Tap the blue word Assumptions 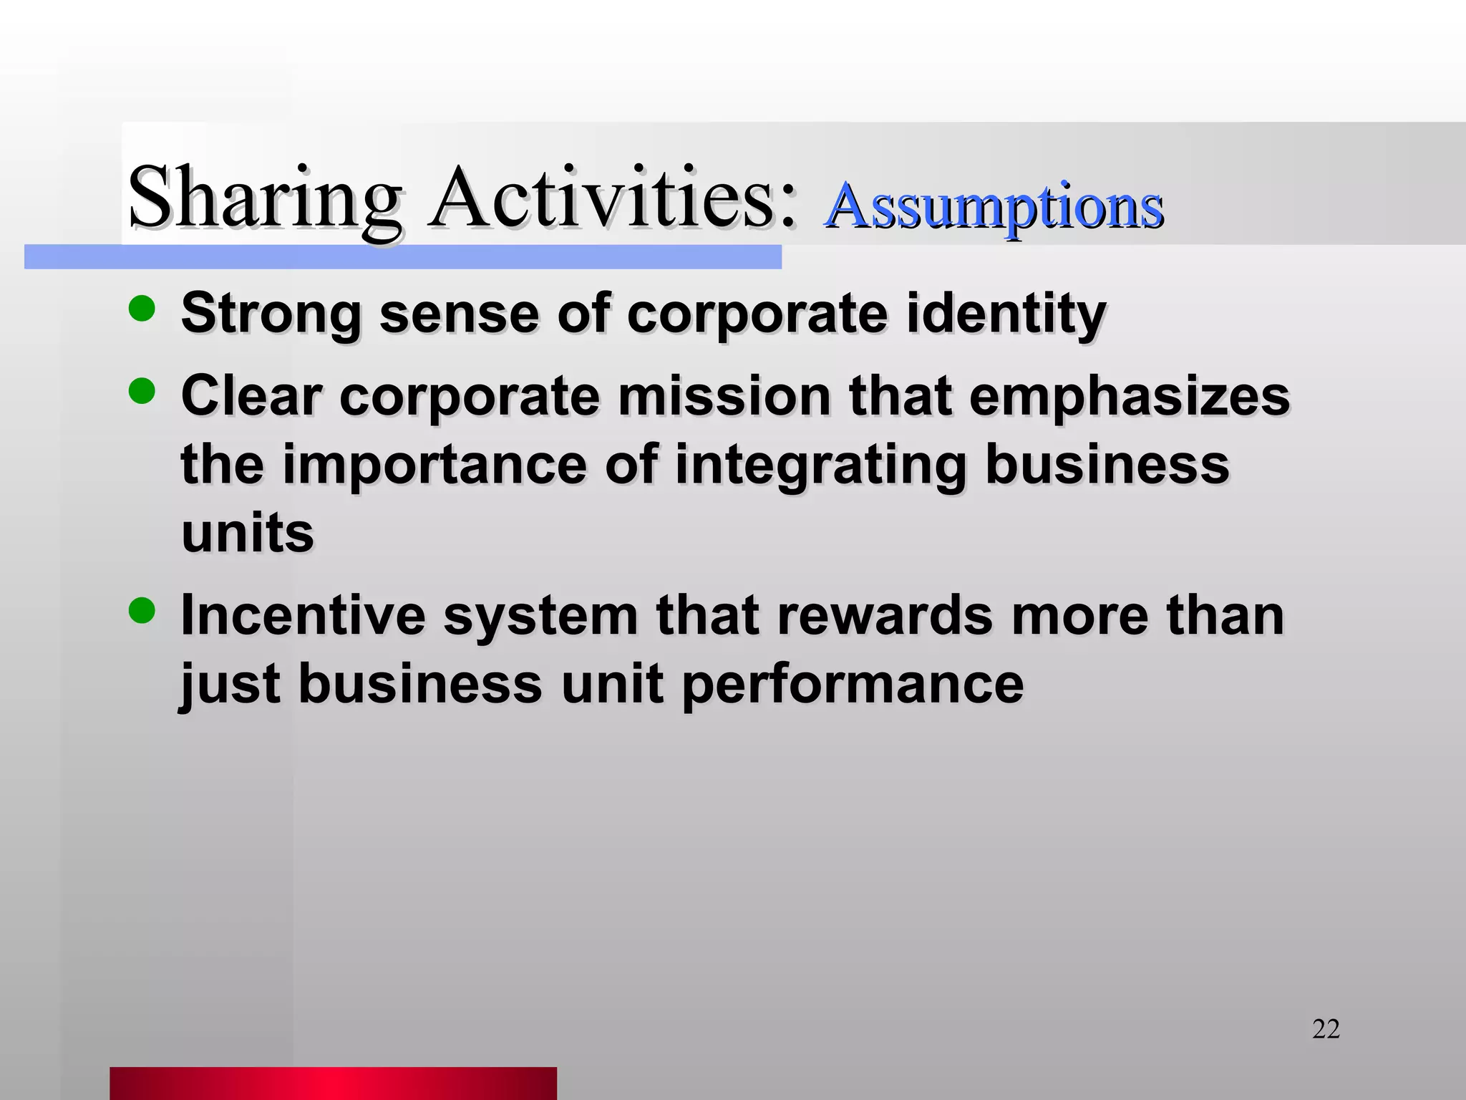[994, 207]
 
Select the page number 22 [1326, 1029]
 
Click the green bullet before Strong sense [142, 309]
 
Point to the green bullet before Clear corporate [142, 391]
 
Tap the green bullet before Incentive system [142, 611]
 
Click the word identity [1006, 313]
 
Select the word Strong [271, 313]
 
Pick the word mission [724, 396]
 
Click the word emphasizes [1129, 396]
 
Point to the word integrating [820, 465]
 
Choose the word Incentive [303, 615]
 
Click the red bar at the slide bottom [333, 1083]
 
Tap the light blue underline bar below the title [402, 257]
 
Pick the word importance [435, 465]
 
